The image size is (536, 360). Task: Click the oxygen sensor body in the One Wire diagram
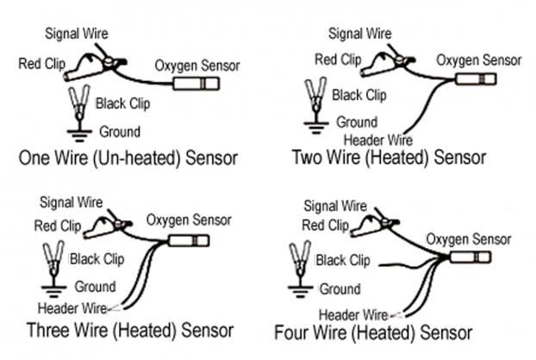pyautogui.click(x=196, y=84)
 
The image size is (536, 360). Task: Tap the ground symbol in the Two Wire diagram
pyautogui.click(x=316, y=127)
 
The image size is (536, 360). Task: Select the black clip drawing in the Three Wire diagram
pyautogui.click(x=53, y=258)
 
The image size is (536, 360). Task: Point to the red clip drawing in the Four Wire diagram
pyautogui.click(x=373, y=227)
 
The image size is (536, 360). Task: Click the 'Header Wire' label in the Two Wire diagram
pyautogui.click(x=378, y=140)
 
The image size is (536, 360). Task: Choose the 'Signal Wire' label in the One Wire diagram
pyautogui.click(x=77, y=34)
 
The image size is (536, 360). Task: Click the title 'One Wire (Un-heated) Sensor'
pyautogui.click(x=128, y=158)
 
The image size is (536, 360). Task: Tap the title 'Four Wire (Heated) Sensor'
pyautogui.click(x=373, y=332)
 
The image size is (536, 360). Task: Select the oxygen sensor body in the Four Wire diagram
pyautogui.click(x=471, y=258)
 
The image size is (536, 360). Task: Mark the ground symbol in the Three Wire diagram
pyautogui.click(x=53, y=289)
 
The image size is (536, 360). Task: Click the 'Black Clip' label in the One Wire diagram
pyautogui.click(x=122, y=103)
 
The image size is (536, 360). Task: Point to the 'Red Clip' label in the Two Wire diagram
pyautogui.click(x=338, y=59)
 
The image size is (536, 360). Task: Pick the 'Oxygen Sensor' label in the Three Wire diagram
pyautogui.click(x=189, y=220)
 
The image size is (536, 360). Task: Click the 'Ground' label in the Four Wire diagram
pyautogui.click(x=340, y=289)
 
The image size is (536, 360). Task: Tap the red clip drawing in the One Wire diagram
pyautogui.click(x=92, y=67)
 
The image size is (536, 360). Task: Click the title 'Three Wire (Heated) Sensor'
pyautogui.click(x=130, y=330)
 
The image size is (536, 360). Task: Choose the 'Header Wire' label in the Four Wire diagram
pyautogui.click(x=353, y=314)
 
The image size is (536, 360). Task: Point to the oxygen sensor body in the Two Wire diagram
pyautogui.click(x=476, y=79)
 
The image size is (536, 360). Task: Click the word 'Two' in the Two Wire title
pyautogui.click(x=307, y=158)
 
